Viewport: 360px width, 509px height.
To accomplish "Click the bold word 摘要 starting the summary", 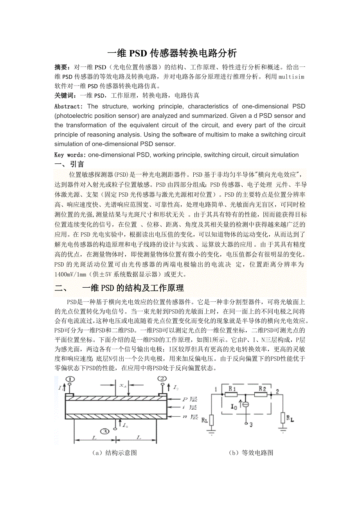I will click(x=62, y=67).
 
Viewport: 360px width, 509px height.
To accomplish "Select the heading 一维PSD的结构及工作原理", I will click(x=133, y=289).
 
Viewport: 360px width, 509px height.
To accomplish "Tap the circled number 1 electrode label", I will click(x=69, y=379).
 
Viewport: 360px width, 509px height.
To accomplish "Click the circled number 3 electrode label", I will click(x=104, y=432).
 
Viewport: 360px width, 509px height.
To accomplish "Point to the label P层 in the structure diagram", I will click(x=190, y=399).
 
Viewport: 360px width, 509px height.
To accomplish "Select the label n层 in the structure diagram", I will click(x=190, y=417).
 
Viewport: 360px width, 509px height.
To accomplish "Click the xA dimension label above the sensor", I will click(x=122, y=385).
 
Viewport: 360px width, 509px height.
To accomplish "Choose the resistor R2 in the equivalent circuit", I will click(x=261, y=395).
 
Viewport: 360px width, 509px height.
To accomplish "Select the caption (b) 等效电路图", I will click(x=250, y=453).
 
